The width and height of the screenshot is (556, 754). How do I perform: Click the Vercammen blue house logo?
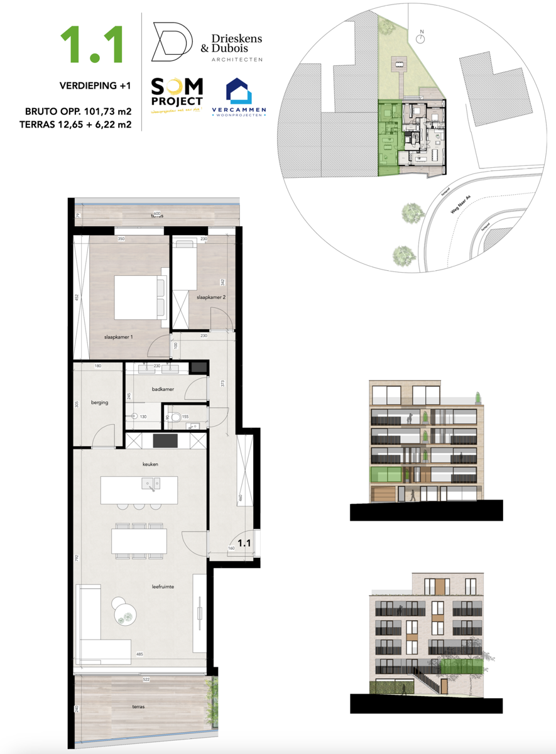coord(239,91)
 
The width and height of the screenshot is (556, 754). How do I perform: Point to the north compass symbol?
coord(422,38)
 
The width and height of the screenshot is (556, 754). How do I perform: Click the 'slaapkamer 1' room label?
coord(118,337)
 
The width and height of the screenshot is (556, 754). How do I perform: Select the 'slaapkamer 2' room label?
coord(210,297)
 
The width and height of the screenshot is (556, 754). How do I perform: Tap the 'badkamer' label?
coord(162,390)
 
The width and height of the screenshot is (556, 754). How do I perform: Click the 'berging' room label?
coord(100,402)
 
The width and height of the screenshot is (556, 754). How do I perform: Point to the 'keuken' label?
coord(150,464)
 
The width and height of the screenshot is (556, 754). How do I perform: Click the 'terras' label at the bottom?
coord(138,706)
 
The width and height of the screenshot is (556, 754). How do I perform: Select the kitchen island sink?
coord(151,484)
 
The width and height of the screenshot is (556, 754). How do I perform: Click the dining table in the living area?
coord(139,541)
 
